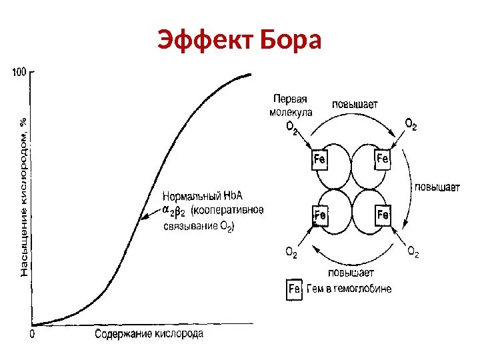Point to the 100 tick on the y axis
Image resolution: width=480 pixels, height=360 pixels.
19,71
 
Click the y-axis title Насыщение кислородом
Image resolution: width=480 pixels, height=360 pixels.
24,197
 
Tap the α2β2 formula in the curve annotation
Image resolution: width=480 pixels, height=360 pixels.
174,211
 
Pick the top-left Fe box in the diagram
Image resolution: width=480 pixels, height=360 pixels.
319,160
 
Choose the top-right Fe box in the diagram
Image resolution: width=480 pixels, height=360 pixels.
383,159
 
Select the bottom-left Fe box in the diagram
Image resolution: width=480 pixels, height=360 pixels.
320,215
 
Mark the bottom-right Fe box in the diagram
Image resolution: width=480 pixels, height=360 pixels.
383,215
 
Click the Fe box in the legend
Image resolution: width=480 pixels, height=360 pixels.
295,289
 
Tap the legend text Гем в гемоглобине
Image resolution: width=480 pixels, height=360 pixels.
349,289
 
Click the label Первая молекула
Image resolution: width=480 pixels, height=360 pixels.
291,105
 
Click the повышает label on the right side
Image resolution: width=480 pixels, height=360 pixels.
437,188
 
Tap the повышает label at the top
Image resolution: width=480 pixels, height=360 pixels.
355,103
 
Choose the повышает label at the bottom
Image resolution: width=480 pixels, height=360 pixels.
351,273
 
